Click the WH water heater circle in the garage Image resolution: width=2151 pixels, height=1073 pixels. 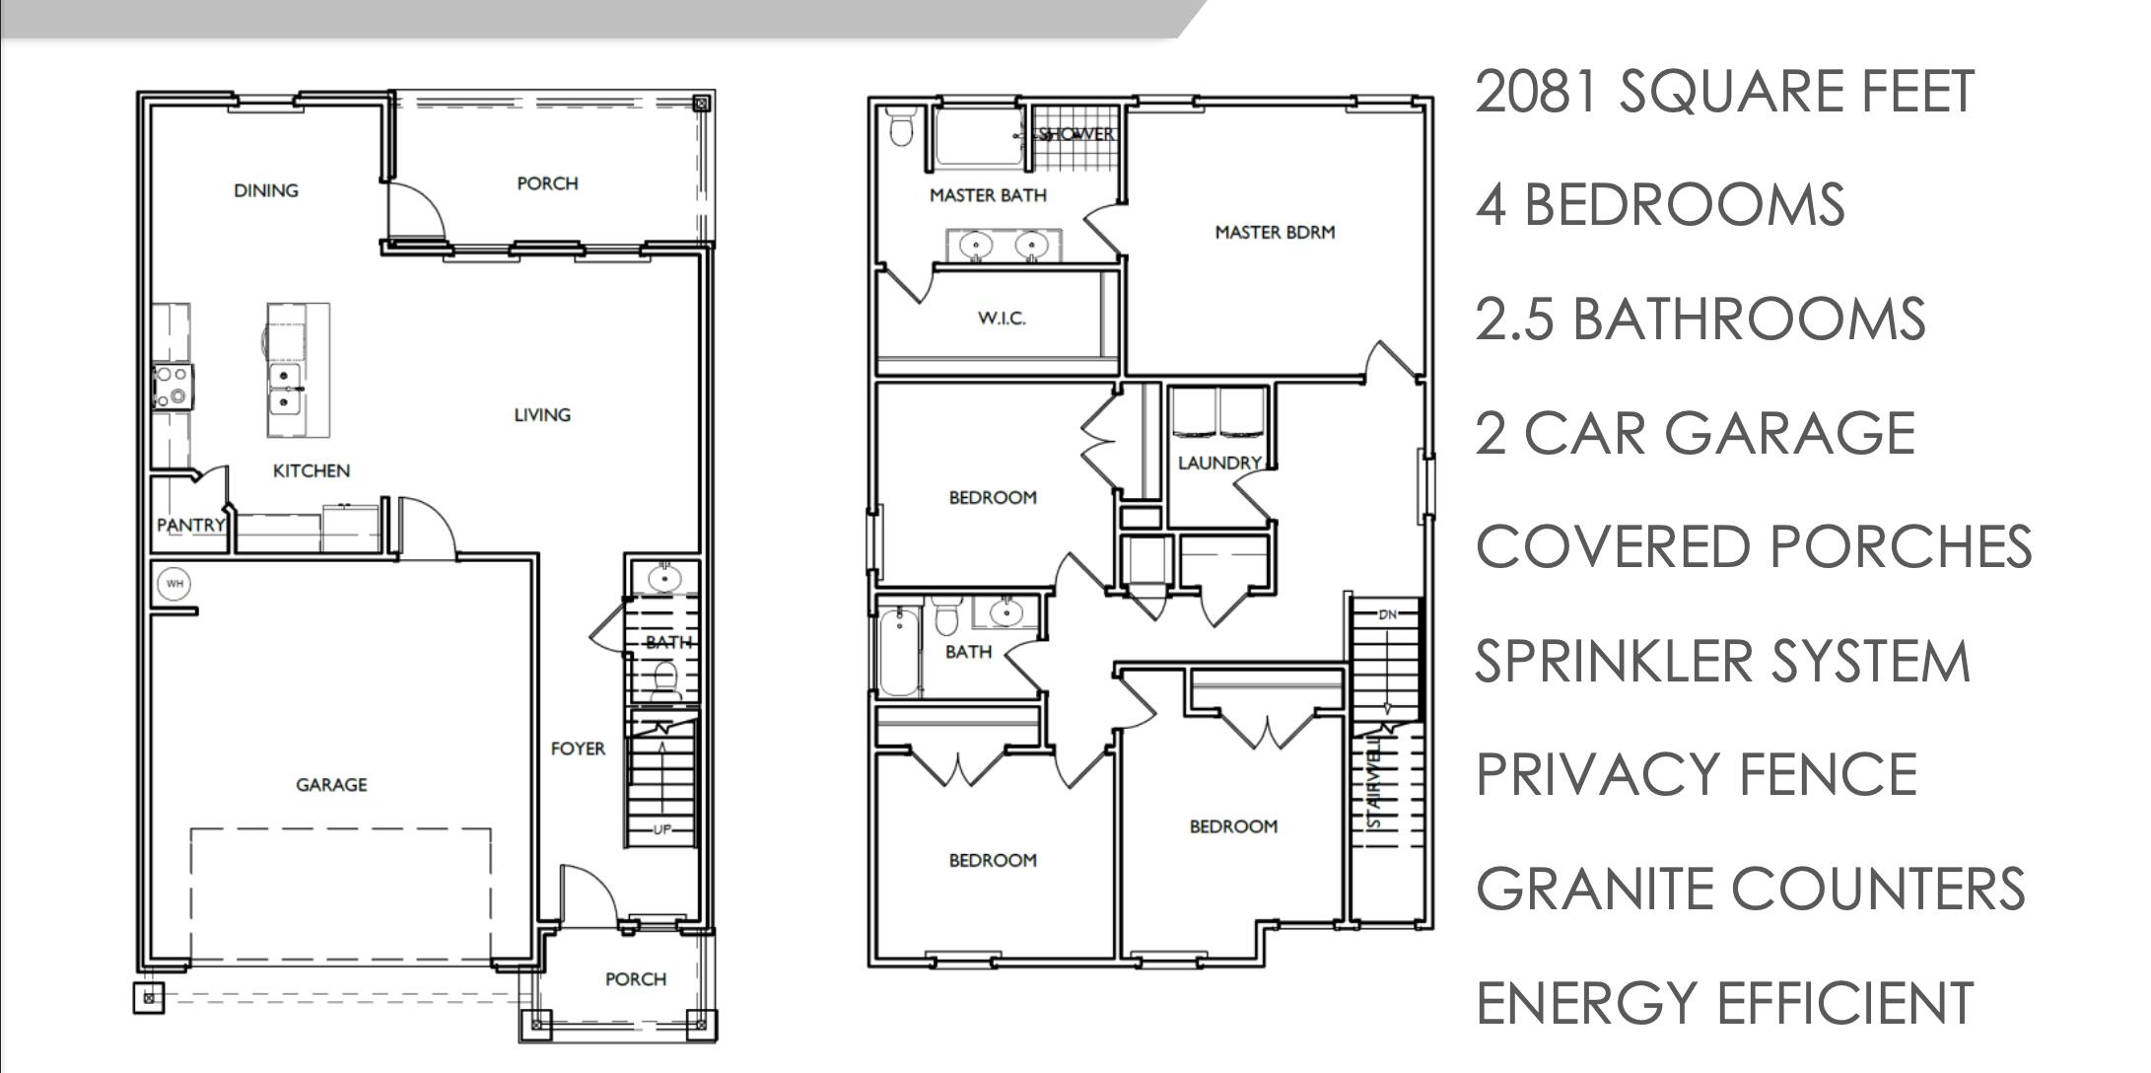[174, 584]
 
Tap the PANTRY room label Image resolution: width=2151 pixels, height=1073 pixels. [190, 525]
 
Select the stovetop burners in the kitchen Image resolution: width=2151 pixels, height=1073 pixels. [173, 386]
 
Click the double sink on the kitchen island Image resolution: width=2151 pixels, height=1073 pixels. [285, 390]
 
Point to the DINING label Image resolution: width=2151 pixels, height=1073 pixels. [265, 190]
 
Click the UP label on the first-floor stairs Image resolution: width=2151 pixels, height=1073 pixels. [661, 829]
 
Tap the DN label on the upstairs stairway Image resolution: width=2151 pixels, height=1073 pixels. [1388, 614]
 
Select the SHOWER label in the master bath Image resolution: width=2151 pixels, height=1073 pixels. [1076, 134]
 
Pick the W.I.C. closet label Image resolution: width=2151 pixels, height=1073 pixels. [1002, 318]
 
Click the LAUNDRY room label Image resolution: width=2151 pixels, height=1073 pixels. [1219, 463]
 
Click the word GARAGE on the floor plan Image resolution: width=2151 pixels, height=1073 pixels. [331, 785]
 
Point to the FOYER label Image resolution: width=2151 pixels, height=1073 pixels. [578, 749]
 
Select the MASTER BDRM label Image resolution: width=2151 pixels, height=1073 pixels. [1275, 233]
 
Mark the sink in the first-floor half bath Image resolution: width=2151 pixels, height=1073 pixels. [664, 577]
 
